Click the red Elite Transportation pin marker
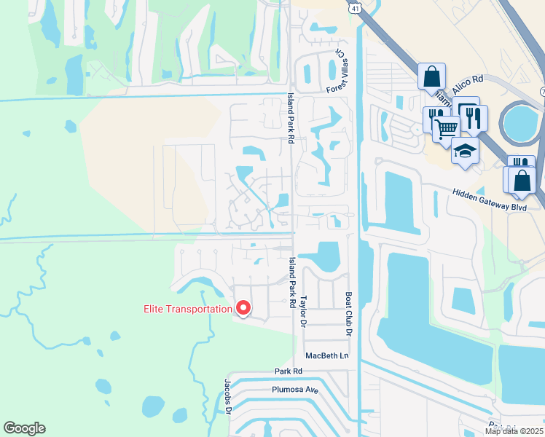click(x=243, y=308)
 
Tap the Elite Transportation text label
click(x=187, y=309)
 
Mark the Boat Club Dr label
click(x=348, y=314)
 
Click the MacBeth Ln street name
click(x=327, y=355)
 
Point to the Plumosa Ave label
click(x=296, y=390)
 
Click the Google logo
click(x=24, y=428)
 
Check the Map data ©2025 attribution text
click(x=514, y=431)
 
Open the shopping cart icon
click(x=446, y=128)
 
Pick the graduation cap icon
click(x=465, y=150)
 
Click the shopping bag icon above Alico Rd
click(x=431, y=75)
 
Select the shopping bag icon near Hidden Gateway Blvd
click(x=523, y=179)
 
